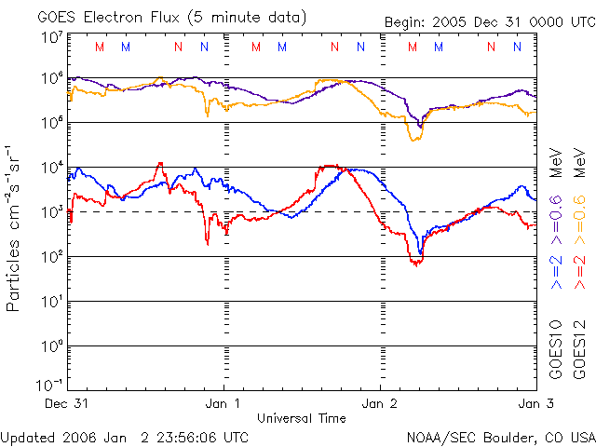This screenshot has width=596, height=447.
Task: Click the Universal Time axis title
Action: [301, 418]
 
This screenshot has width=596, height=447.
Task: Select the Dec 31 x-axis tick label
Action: [66, 404]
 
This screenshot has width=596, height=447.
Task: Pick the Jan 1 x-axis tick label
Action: [223, 404]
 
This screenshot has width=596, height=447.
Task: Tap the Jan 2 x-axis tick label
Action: [380, 404]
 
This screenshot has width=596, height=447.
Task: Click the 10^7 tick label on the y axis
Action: [51, 37]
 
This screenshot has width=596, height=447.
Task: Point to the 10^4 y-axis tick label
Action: [51, 168]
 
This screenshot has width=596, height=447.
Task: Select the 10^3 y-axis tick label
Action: [51, 212]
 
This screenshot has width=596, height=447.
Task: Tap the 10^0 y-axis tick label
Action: [51, 346]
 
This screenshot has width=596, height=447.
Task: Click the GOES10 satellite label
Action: [555, 349]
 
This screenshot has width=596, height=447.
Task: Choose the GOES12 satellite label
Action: [576, 349]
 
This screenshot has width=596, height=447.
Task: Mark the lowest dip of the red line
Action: [416, 264]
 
